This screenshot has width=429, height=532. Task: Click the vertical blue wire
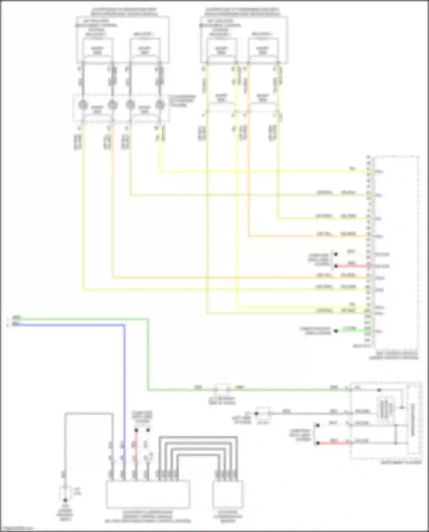point(124,386)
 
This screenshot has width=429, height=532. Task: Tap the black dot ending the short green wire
point(336,331)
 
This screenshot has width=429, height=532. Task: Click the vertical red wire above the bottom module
point(136,446)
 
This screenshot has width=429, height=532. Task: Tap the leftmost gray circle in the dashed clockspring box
point(83,105)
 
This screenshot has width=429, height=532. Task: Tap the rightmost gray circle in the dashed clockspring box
point(160,105)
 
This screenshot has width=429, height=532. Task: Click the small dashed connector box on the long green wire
point(222,389)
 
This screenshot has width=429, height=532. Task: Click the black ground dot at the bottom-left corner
point(65,500)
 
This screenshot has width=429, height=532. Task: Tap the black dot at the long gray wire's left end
point(257,413)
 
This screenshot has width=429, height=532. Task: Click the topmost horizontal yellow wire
point(257,172)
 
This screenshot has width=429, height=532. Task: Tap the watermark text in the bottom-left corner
point(17,529)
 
